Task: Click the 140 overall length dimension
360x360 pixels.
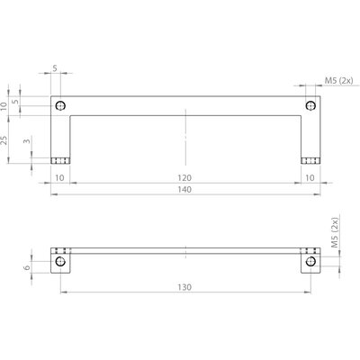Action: tap(184, 190)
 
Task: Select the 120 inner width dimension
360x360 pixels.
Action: tap(184, 178)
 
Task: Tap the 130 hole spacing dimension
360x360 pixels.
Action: tap(184, 287)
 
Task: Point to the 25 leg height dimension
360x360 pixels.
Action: tap(4, 140)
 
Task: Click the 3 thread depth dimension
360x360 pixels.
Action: tap(27, 140)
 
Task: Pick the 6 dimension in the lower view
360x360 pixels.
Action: tap(27, 267)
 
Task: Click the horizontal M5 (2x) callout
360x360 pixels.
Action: tap(338, 80)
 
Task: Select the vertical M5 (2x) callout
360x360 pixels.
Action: tap(335, 232)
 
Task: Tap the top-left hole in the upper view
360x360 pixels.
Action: tap(60, 106)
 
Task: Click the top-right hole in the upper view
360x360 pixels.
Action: tap(310, 106)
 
